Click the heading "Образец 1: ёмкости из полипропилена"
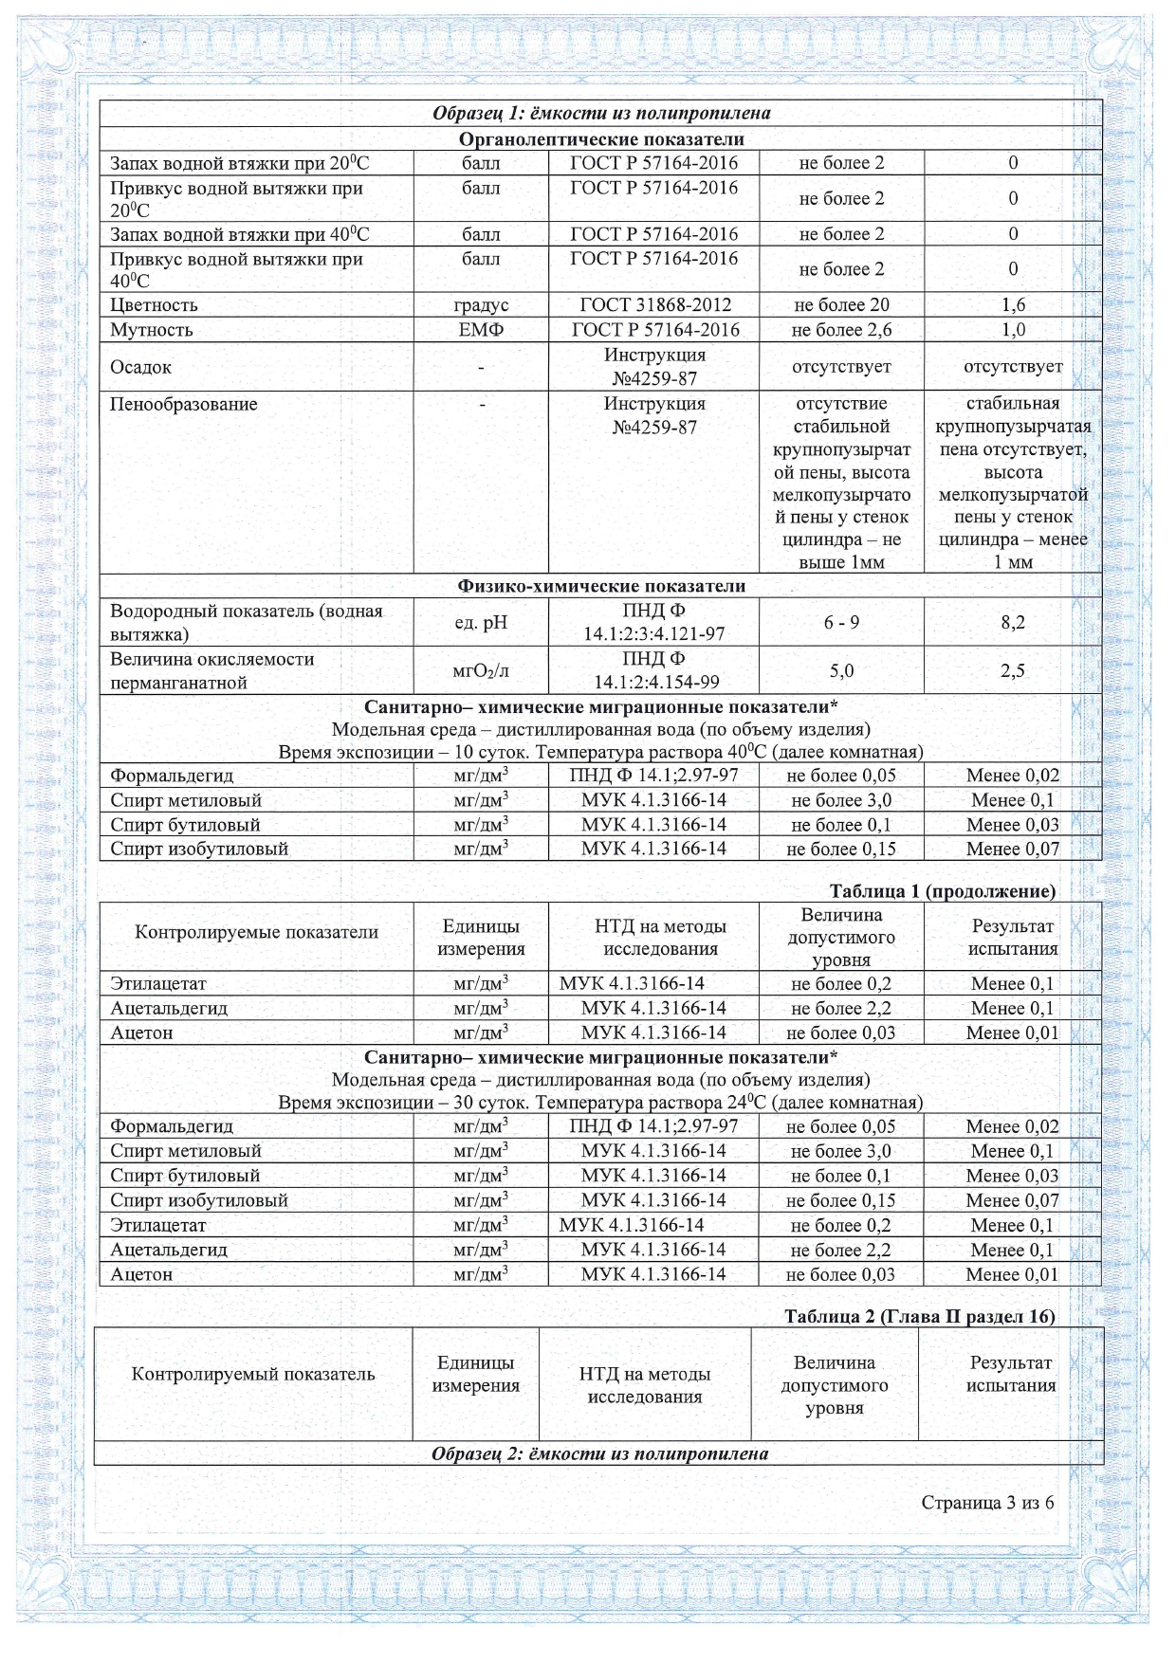coord(601,114)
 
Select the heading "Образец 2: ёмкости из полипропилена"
coord(599,1453)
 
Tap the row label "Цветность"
coord(155,305)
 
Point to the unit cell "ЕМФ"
coord(481,330)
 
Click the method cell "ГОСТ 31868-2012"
coord(654,305)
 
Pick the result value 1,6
coord(1013,305)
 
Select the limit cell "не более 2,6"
coord(841,330)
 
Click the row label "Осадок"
coord(141,367)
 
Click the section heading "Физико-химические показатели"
coord(601,586)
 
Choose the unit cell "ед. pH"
coord(481,623)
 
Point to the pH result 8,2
coord(1013,623)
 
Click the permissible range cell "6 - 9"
coord(841,623)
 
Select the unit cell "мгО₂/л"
coord(481,671)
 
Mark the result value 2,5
coord(1013,671)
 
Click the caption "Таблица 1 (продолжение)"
coord(942,891)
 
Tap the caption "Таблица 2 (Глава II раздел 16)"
coord(919,1316)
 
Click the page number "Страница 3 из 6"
coord(986,1503)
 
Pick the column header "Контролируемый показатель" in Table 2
coord(253,1375)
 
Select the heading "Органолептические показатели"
coord(601,139)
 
